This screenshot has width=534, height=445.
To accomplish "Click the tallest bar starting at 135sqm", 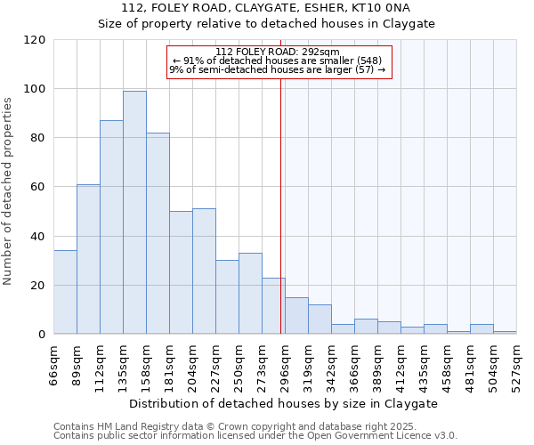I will (x=134, y=213).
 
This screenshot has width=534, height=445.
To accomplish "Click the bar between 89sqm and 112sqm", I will (x=88, y=259).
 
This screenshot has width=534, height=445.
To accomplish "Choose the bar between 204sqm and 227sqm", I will (x=204, y=271).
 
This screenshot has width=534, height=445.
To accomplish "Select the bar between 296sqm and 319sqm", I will (x=296, y=316).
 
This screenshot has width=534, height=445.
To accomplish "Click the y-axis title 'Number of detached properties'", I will (x=8, y=191).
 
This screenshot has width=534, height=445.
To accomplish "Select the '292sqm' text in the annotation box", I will (x=321, y=52).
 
